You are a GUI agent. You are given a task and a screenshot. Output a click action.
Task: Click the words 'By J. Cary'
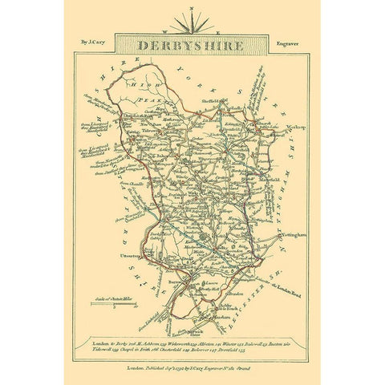(x=101, y=36)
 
